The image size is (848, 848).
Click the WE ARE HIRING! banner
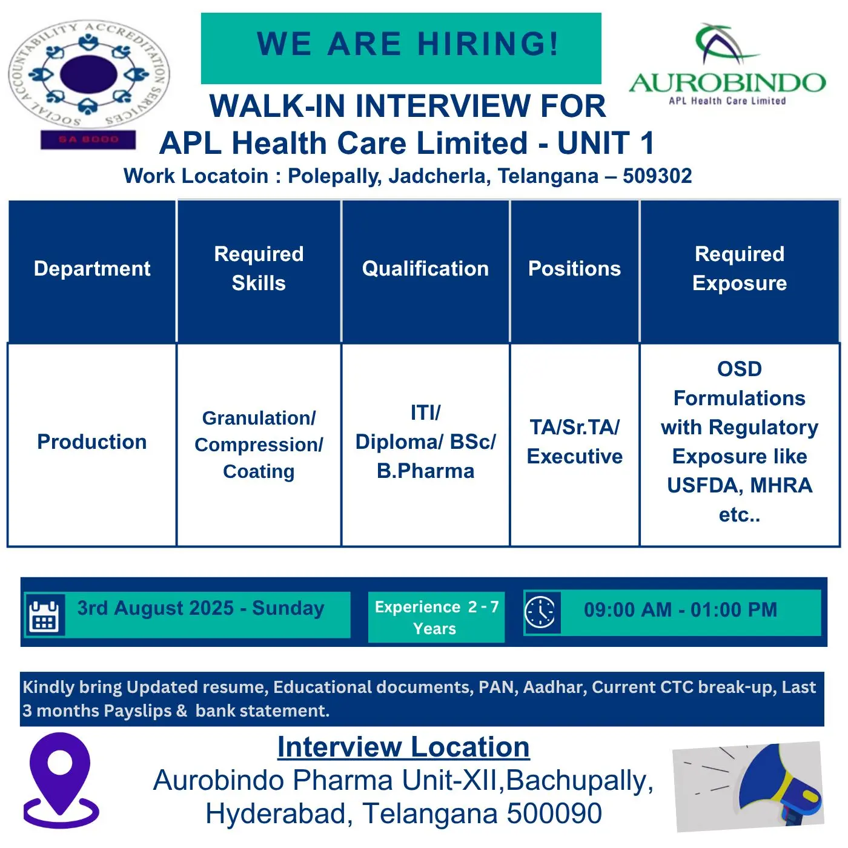point(401,48)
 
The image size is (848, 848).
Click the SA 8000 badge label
point(88,139)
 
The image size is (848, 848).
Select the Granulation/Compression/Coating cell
point(259,445)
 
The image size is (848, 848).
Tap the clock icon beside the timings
point(542,612)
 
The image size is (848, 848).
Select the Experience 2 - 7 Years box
point(436,617)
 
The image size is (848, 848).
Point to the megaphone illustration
point(749,786)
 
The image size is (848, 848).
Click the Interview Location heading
point(403,747)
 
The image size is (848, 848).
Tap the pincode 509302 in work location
point(657,176)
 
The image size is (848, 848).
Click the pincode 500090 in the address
point(554,813)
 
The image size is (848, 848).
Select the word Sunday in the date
point(288,609)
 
